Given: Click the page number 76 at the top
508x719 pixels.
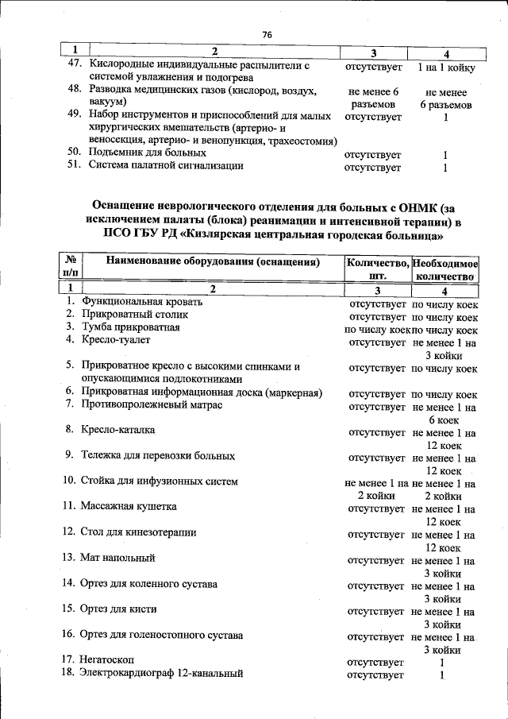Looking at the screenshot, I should [267, 35].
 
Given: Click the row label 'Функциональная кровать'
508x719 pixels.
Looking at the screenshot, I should [141, 302].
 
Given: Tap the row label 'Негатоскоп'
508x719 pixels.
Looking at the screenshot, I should [107, 661].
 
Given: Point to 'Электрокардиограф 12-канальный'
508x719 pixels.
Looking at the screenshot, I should [161, 675].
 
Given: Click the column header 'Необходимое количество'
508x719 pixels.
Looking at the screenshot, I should [445, 269].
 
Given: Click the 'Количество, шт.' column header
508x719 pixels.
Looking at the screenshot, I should [378, 269].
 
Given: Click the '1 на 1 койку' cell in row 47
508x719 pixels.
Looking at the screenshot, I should [446, 68].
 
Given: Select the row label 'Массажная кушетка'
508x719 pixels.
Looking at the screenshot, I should [128, 506].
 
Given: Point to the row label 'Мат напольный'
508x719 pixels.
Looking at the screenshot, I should [117, 558].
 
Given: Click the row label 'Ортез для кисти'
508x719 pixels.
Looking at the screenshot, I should [118, 609].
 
